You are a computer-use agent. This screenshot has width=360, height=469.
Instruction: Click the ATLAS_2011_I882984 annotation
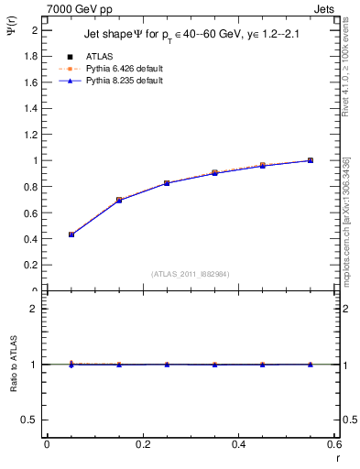pyautogui.click(x=190, y=273)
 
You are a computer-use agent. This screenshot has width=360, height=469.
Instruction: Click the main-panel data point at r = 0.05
pyautogui.click(x=71, y=234)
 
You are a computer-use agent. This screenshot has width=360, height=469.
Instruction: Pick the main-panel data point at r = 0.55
pyautogui.click(x=311, y=160)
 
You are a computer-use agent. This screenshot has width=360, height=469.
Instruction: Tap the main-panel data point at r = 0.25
pyautogui.click(x=167, y=183)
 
